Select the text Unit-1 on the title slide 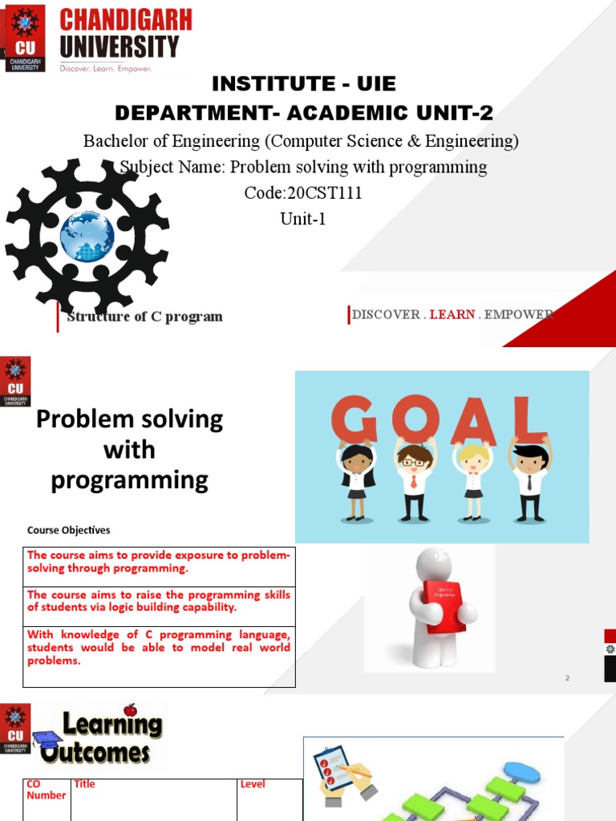(303, 218)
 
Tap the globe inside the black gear (87, 236)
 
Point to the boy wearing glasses (414, 478)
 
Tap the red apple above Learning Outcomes (130, 710)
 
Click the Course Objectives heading (69, 530)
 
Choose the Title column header (84, 784)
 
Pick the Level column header (253, 784)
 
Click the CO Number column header (46, 790)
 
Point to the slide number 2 (567, 678)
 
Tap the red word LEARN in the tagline (452, 314)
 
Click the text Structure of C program (144, 317)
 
